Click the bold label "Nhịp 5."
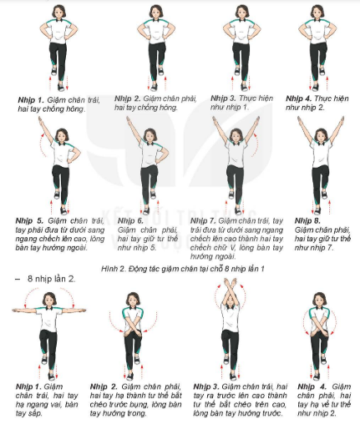[29, 221]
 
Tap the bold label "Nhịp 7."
[203, 221]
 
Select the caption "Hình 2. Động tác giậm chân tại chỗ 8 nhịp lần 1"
[183, 269]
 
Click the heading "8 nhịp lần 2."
[51, 279]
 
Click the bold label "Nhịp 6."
[130, 221]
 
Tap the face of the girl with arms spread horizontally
[49, 300]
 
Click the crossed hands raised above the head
[230, 285]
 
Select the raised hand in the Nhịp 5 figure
[40, 120]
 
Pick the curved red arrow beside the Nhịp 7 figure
[255, 144]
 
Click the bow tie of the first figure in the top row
[59, 20]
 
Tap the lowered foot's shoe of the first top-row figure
[61, 87]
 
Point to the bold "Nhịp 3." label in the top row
[223, 98]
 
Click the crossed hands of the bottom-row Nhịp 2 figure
[132, 332]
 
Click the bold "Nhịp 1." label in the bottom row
[28, 387]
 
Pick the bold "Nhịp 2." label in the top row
[128, 99]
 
